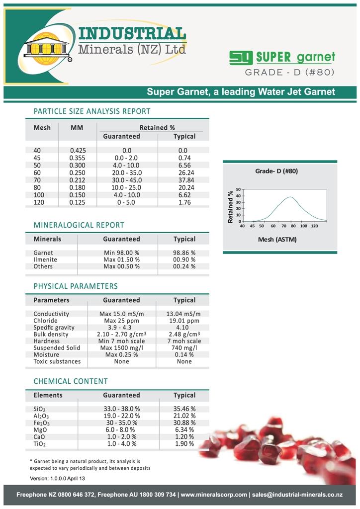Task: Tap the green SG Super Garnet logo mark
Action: click(x=241, y=58)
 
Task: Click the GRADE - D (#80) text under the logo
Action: click(x=289, y=73)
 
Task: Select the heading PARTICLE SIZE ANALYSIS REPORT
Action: click(x=91, y=111)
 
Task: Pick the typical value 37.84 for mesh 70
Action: click(x=184, y=180)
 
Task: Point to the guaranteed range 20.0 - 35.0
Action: click(x=126, y=172)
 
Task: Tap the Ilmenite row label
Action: click(x=45, y=259)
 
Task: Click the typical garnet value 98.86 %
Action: click(x=184, y=253)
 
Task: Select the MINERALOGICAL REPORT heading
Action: click(x=79, y=225)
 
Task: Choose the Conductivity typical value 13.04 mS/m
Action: click(x=184, y=314)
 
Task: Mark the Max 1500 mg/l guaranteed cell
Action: click(x=121, y=348)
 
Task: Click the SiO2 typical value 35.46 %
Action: click(x=184, y=409)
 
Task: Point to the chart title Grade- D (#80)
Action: click(x=276, y=171)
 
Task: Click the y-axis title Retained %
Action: click(x=230, y=206)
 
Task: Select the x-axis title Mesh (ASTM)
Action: click(x=277, y=240)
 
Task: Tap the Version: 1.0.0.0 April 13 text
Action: click(x=58, y=478)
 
